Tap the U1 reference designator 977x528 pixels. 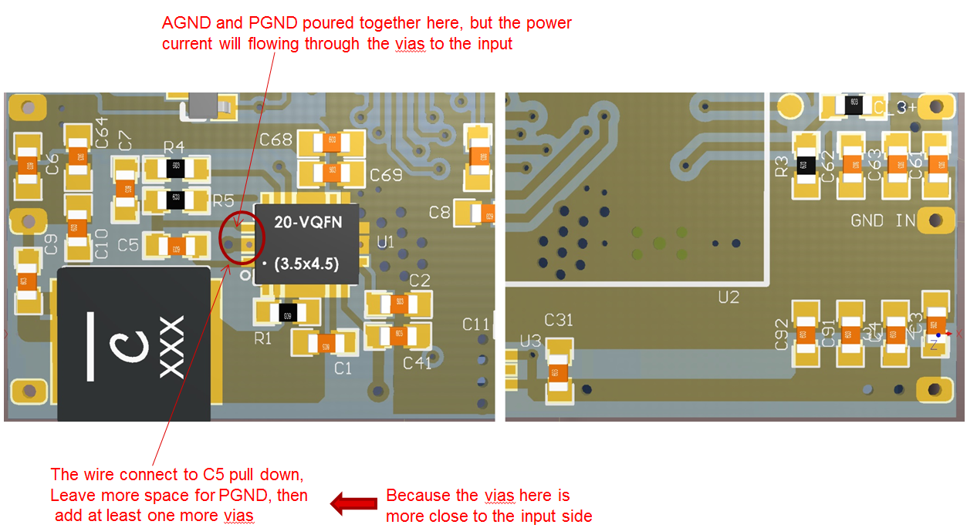tap(385, 243)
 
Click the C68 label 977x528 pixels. tap(276, 140)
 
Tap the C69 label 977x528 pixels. tap(386, 175)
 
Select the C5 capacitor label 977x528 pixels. tap(128, 245)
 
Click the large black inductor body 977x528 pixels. tap(134, 343)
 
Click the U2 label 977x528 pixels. tap(728, 297)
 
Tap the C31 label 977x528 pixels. tap(559, 320)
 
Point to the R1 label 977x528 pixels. tap(263, 338)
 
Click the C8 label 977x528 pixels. tap(439, 212)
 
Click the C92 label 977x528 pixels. tap(782, 335)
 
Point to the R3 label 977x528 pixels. tap(782, 166)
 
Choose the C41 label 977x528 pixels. tap(418, 362)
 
